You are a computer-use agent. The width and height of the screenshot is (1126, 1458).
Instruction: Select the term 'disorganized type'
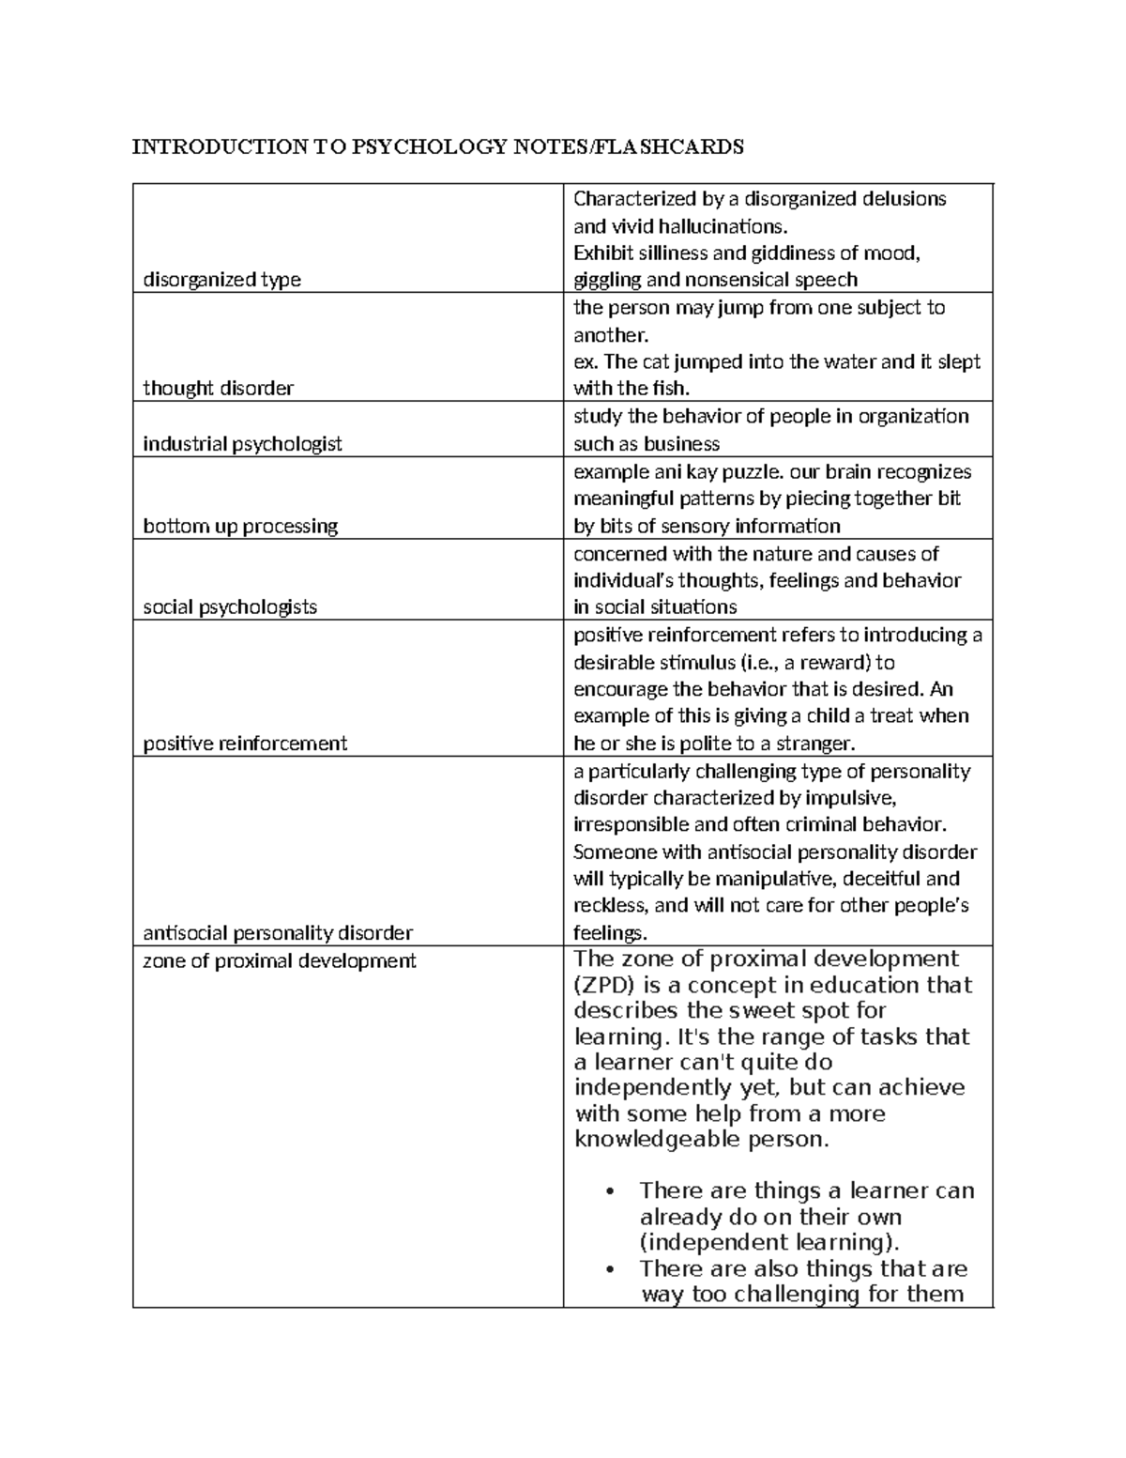click(221, 280)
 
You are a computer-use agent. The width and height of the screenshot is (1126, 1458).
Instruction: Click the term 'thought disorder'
click(218, 389)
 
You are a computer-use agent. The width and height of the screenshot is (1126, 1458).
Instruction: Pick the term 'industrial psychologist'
click(242, 444)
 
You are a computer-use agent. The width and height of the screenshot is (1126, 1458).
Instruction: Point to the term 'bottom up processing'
click(240, 526)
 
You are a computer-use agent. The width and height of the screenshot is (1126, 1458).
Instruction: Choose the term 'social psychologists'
click(230, 607)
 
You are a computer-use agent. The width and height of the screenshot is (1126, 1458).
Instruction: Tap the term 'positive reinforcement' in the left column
click(245, 744)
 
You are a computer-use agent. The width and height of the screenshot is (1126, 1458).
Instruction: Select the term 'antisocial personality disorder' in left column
click(278, 933)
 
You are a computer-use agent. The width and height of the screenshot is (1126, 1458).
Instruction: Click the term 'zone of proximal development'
click(279, 961)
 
